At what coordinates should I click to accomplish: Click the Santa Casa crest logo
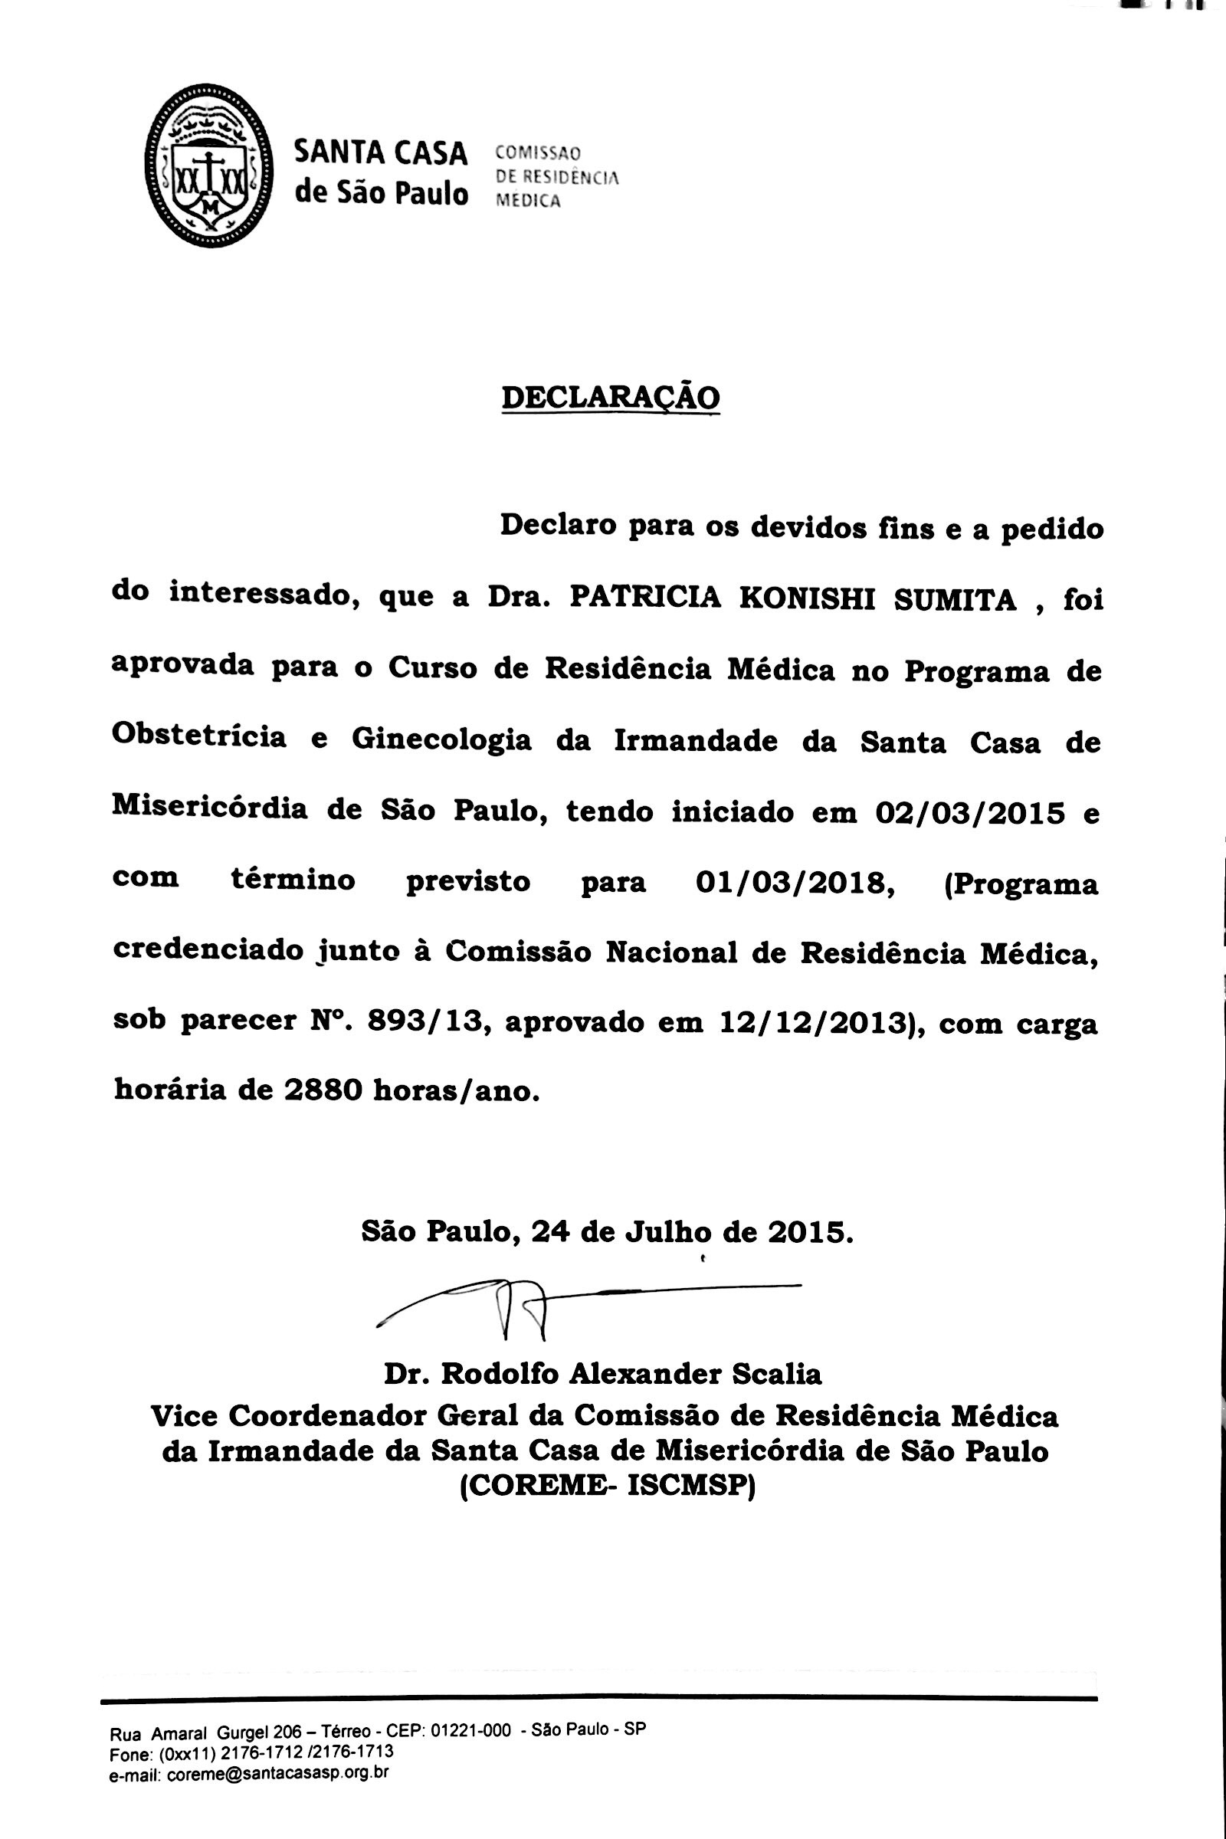(208, 166)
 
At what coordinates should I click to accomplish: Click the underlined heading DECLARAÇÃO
(610, 397)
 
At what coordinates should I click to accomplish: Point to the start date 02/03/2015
(970, 813)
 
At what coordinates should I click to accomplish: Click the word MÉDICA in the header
(529, 201)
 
